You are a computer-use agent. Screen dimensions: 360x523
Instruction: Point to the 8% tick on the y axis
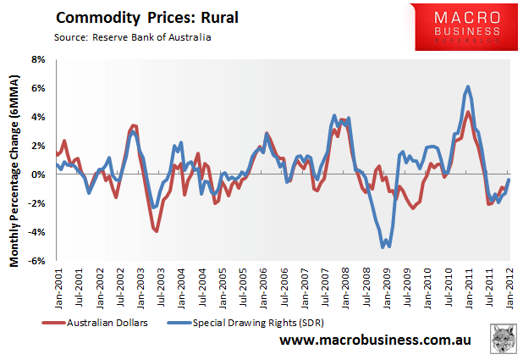pos(39,59)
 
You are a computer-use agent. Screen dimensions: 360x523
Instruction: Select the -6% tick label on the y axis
pos(37,261)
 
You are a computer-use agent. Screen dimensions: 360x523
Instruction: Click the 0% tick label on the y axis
pos(39,174)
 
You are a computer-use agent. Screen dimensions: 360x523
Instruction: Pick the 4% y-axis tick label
pos(39,117)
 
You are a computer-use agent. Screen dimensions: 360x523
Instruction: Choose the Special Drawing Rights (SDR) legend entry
pos(248,322)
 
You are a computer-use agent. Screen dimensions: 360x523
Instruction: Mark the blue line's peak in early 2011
pos(469,86)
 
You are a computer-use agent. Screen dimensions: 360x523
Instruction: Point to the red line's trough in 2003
pos(157,230)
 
